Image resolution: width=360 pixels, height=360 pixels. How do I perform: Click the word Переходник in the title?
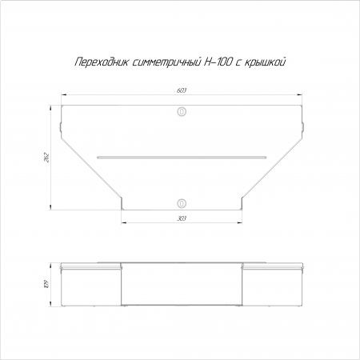pyautogui.click(x=101, y=62)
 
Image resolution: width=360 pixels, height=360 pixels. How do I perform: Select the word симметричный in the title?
pyautogui.click(x=166, y=62)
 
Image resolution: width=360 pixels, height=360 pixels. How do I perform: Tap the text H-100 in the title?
pyautogui.click(x=218, y=62)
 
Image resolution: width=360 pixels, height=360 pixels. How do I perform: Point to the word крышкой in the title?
pyautogui.click(x=265, y=62)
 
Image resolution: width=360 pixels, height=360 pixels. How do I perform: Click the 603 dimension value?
pyautogui.click(x=182, y=90)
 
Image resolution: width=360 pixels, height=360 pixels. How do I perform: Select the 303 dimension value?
pyautogui.click(x=182, y=218)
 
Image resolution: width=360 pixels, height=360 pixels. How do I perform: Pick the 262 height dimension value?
pyautogui.click(x=47, y=158)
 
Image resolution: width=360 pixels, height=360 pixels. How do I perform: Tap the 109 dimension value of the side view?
pyautogui.click(x=47, y=284)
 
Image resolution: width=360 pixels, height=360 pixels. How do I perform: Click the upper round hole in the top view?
pyautogui.click(x=182, y=112)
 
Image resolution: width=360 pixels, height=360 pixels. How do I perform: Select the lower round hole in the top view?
pyautogui.click(x=182, y=203)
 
